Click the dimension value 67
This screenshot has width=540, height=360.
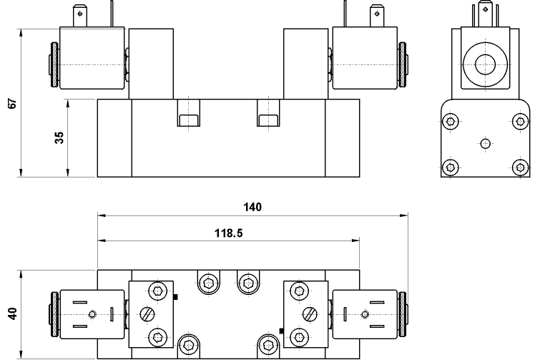click(x=11, y=103)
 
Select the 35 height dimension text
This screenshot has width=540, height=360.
click(x=60, y=138)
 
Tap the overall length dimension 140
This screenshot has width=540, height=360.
click(x=252, y=208)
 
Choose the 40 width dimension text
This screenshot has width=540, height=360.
click(x=11, y=314)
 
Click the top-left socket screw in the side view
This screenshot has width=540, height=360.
click(x=450, y=123)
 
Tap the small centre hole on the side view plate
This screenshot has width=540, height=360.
click(x=484, y=144)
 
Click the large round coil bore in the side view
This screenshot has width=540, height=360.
click(x=483, y=63)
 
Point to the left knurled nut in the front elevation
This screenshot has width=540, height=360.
click(x=53, y=65)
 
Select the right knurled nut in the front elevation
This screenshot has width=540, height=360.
click(x=402, y=65)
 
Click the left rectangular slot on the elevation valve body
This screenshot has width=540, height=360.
click(x=187, y=120)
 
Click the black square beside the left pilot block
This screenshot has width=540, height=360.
click(x=175, y=296)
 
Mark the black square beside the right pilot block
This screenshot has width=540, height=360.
click(x=282, y=331)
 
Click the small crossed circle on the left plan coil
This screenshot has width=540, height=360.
click(x=92, y=314)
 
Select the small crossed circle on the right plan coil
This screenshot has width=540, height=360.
click(x=365, y=314)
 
